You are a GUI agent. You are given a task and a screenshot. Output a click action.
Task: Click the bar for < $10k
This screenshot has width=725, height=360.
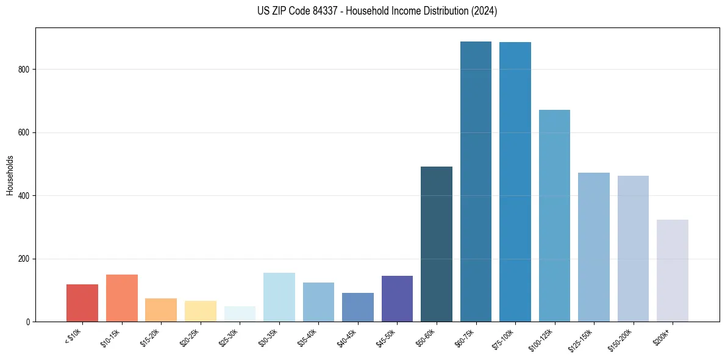point(82,303)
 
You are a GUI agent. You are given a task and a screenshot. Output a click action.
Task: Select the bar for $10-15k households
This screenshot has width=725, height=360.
point(121,298)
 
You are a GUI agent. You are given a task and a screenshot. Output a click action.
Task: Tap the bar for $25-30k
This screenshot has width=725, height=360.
point(240,314)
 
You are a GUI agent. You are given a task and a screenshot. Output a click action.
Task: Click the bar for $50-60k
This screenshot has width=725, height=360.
point(437,244)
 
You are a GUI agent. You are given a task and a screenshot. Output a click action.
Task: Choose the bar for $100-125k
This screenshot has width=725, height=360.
point(554,216)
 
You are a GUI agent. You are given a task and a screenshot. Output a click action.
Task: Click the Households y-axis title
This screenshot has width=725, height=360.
point(10,175)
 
